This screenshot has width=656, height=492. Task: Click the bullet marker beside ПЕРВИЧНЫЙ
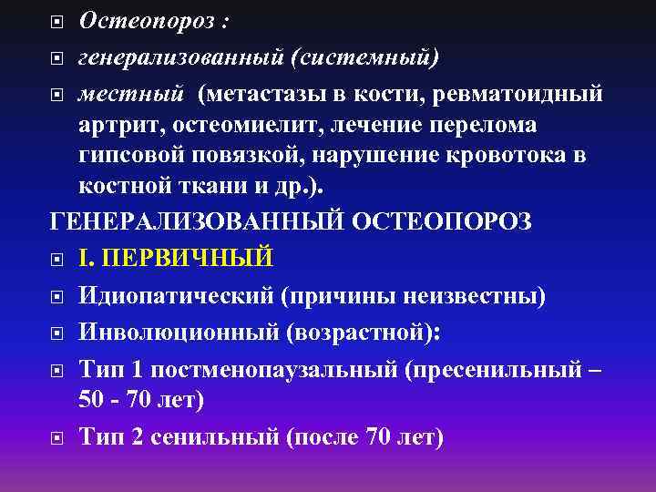(56, 258)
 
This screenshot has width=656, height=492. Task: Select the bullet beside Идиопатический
(56, 294)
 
